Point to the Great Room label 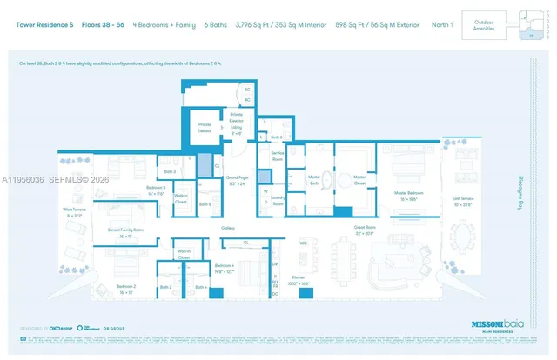[364, 231]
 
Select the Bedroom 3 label [131, 190]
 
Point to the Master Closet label [358, 179]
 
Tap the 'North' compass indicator [442, 24]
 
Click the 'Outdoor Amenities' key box [483, 24]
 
